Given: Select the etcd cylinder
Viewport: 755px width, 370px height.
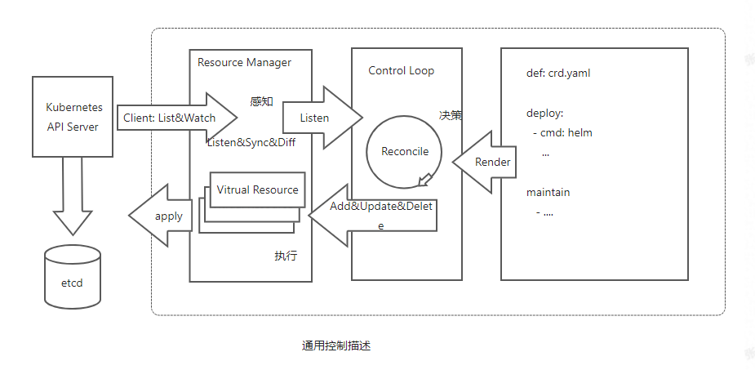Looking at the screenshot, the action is point(73,277).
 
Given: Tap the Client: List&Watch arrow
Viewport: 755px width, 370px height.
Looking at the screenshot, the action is point(177,118).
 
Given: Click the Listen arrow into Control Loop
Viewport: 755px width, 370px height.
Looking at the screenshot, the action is point(322,118).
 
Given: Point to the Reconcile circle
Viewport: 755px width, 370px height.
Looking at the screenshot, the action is point(367,152).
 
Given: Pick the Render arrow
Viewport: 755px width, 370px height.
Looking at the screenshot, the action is point(484,162).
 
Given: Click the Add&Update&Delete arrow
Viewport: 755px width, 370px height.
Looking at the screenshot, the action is point(372,216).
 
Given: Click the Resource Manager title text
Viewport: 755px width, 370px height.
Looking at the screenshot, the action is point(244,62).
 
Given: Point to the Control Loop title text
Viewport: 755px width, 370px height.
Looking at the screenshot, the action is point(401,70).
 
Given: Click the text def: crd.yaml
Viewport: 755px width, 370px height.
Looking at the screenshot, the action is point(558,74).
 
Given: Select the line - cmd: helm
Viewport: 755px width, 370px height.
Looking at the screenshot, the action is point(562,132).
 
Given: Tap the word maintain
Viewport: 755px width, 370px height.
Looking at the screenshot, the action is point(548,192).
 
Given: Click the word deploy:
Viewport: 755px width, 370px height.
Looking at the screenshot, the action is point(544,114).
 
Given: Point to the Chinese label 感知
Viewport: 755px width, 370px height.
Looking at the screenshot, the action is point(262,101).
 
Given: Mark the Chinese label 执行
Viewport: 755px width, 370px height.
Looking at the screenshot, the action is point(286,256).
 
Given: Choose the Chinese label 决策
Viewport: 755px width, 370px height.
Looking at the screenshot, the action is point(451,116).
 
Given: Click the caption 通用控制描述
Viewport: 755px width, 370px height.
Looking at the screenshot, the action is point(336,345).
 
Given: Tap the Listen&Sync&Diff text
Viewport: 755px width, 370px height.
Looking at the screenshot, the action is point(251,143).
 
